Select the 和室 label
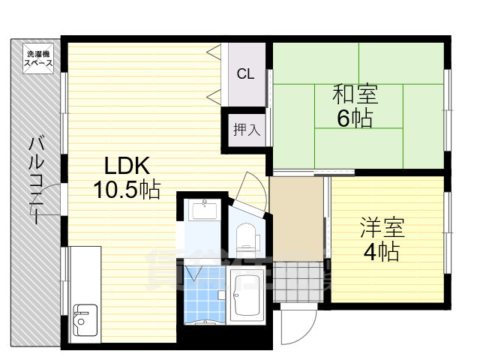355,95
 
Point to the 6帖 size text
355,118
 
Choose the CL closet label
244,73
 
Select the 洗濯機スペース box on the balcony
39,58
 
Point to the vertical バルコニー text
36,180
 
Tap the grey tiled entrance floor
298,280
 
